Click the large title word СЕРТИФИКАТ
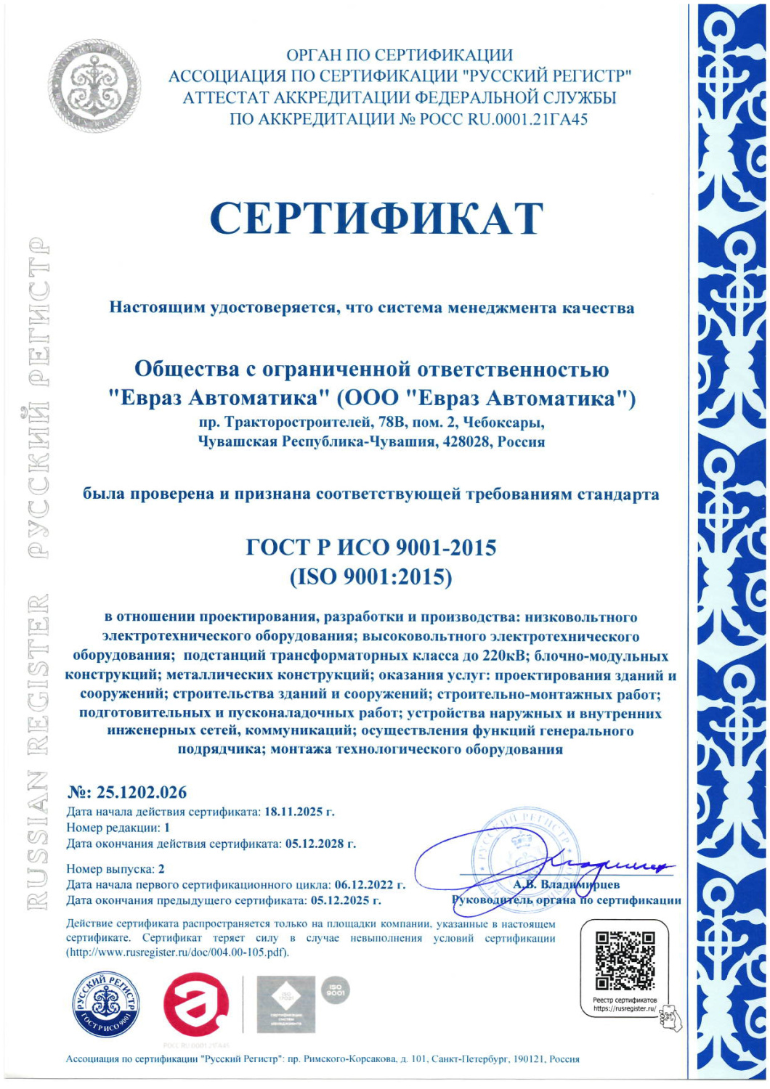coord(376,218)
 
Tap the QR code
coord(625,960)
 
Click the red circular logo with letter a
coord(195,1005)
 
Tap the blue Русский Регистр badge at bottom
coord(106,1005)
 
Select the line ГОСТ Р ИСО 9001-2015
coord(371,547)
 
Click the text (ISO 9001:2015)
coord(371,577)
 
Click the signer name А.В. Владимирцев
coord(567,884)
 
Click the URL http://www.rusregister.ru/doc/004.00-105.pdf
coord(177,953)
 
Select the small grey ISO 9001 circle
coord(335,990)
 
